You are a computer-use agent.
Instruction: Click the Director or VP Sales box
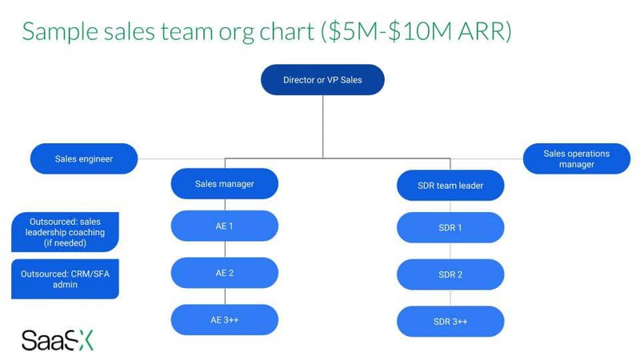click(322, 80)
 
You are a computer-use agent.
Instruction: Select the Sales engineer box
click(83, 158)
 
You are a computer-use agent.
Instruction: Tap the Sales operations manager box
click(576, 158)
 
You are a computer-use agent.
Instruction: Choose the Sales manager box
click(224, 184)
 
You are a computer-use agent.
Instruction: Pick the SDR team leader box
click(450, 186)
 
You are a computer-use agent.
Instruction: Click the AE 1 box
click(224, 226)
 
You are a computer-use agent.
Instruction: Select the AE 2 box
click(224, 273)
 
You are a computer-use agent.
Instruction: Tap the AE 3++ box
click(224, 320)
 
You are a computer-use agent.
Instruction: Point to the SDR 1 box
click(450, 227)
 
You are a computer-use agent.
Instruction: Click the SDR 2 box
click(450, 274)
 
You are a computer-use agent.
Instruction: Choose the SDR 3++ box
click(450, 321)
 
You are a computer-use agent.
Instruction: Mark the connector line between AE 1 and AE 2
click(224, 249)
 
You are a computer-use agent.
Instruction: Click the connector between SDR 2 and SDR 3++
click(450, 298)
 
